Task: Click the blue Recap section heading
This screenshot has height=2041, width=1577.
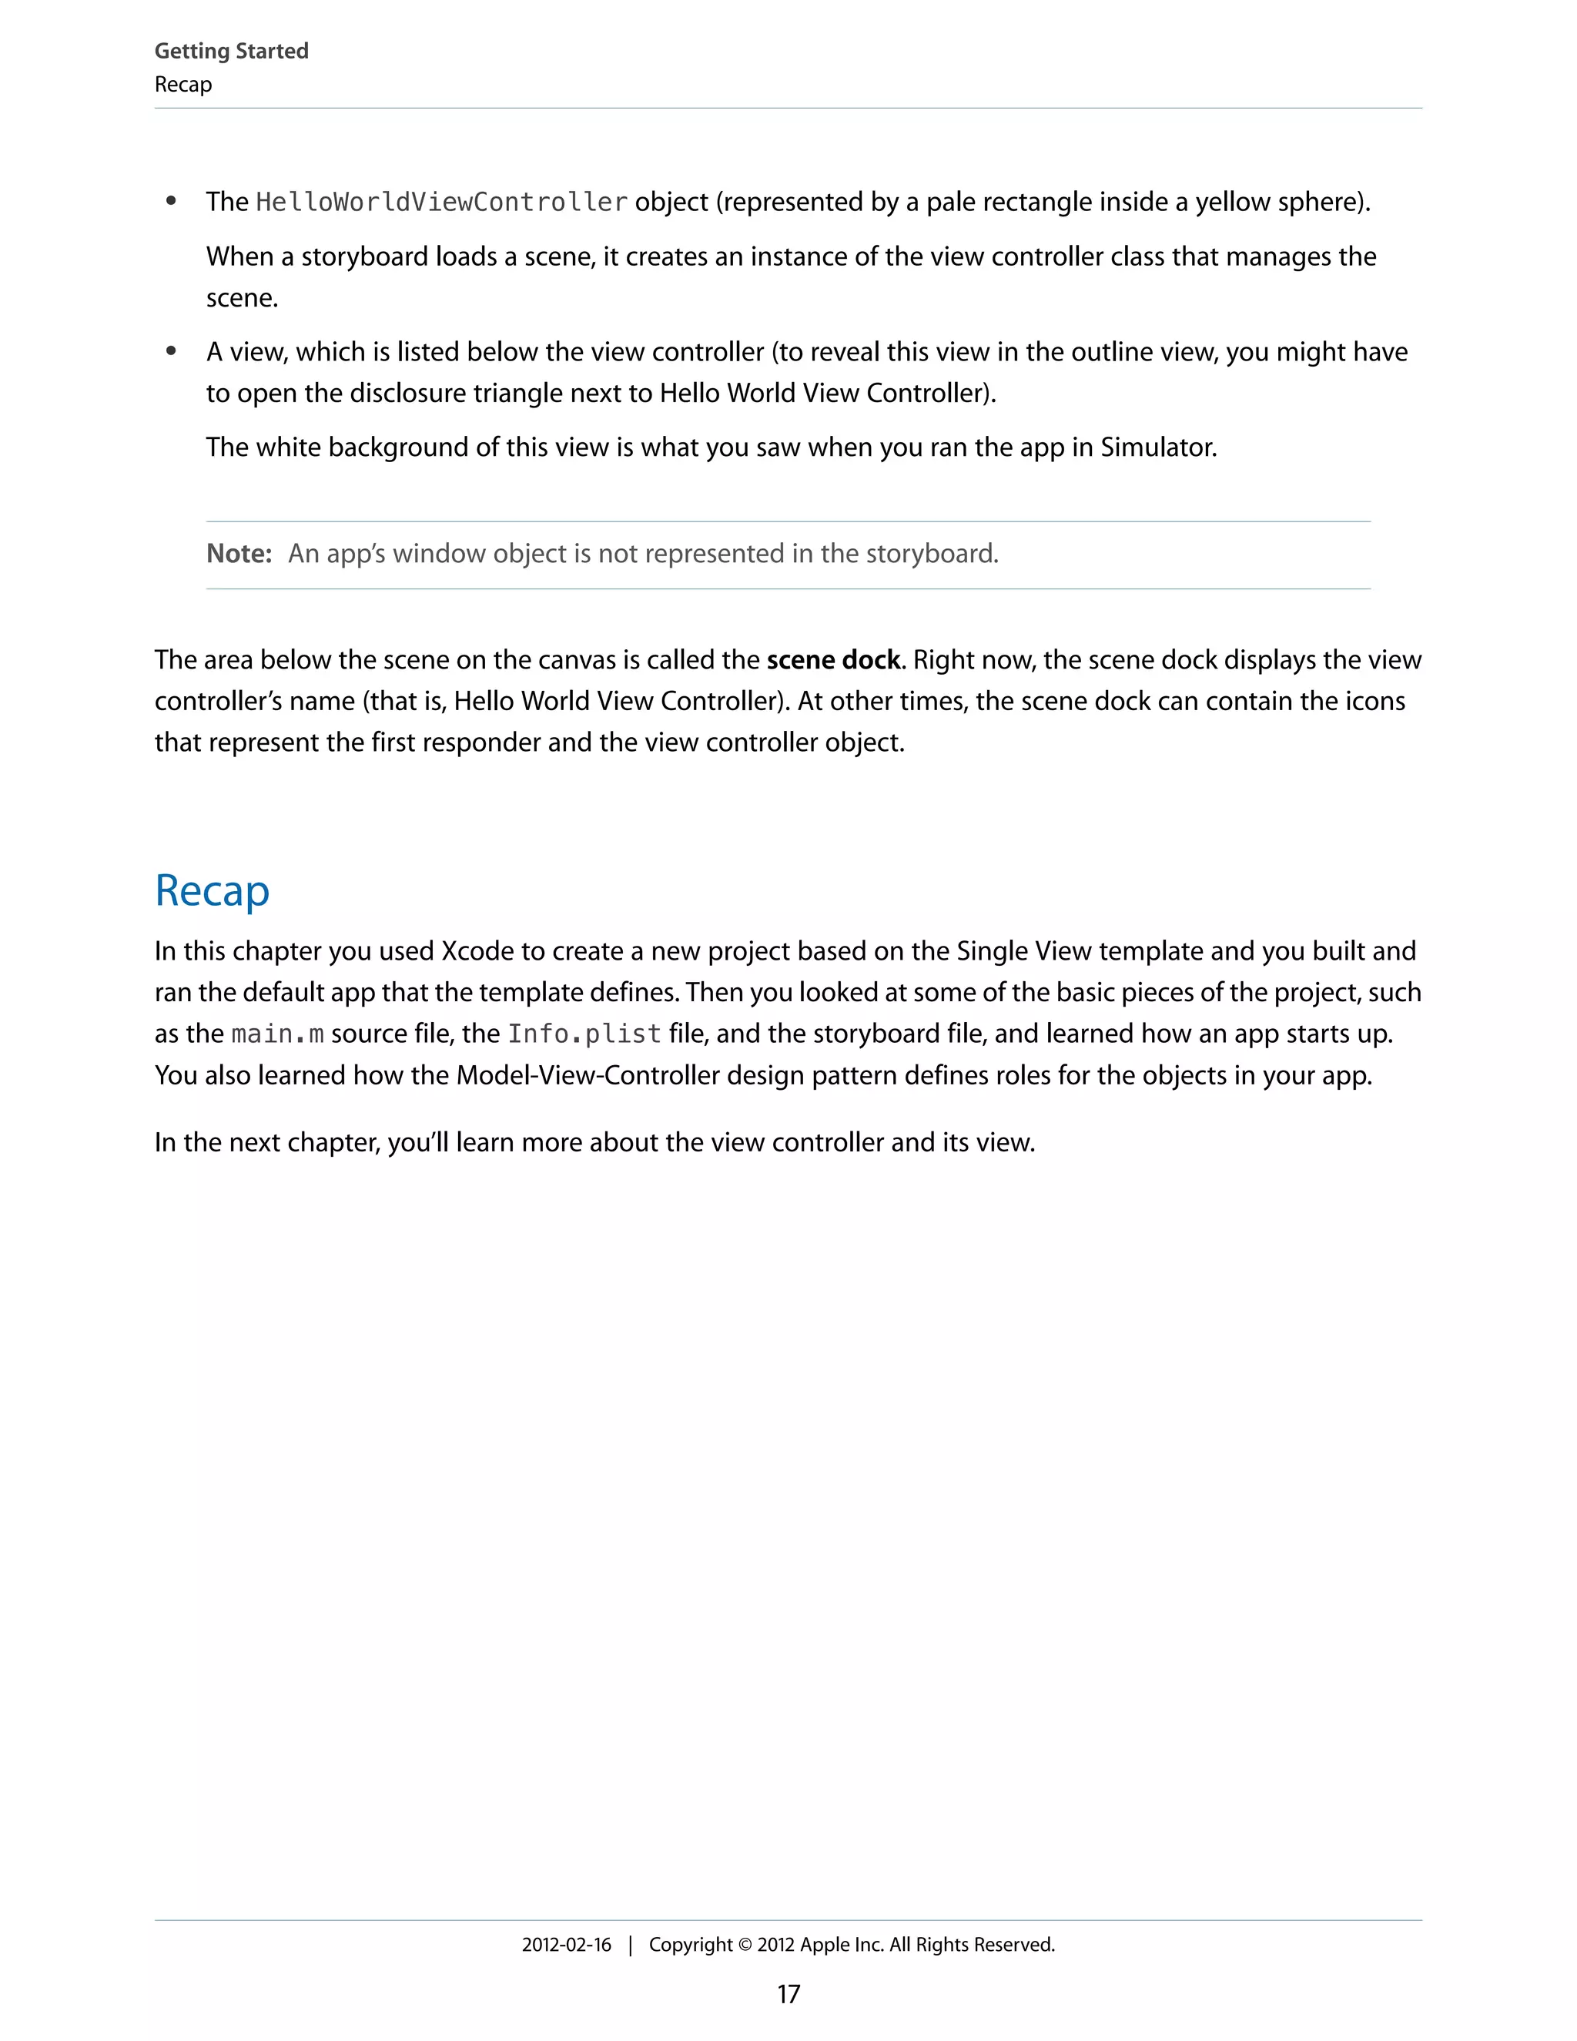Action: click(212, 890)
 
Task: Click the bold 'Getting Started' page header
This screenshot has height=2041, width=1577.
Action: click(231, 52)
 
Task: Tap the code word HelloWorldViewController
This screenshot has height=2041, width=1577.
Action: click(441, 202)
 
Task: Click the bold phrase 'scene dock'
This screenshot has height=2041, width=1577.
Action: click(833, 661)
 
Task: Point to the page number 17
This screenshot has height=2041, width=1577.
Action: click(788, 1994)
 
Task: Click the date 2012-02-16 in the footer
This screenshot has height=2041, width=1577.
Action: click(566, 1945)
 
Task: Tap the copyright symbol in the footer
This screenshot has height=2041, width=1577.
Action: click(745, 1945)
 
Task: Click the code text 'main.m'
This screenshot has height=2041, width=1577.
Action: click(277, 1034)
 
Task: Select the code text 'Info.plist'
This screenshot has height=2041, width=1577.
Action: click(584, 1034)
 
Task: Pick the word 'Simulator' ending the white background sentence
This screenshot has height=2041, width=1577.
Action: click(1157, 447)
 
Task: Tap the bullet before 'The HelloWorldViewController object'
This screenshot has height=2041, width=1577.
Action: click(171, 202)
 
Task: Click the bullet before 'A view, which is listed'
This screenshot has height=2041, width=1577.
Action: click(171, 352)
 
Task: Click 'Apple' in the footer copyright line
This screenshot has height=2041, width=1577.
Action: click(825, 1945)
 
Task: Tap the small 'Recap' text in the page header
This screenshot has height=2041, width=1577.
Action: click(183, 85)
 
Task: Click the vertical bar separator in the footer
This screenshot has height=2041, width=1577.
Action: click(631, 1945)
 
